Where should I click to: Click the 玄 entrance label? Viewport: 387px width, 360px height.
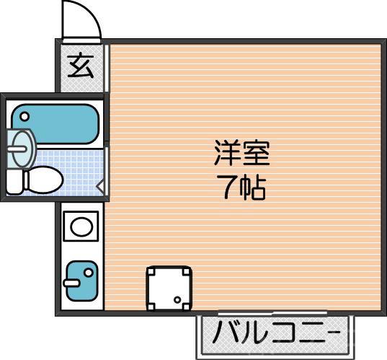click(x=81, y=67)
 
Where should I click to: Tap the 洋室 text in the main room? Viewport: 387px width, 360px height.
click(x=241, y=155)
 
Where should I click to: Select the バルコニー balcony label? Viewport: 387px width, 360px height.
click(x=276, y=335)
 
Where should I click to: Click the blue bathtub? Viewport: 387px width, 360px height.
click(x=54, y=124)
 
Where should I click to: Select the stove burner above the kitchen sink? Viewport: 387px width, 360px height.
click(x=80, y=227)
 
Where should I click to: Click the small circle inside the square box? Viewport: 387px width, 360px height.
click(x=177, y=299)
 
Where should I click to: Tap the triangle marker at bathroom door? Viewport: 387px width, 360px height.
click(x=100, y=189)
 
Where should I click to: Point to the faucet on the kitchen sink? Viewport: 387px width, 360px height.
click(x=71, y=283)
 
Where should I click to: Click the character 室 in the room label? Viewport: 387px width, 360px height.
click(x=255, y=155)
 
